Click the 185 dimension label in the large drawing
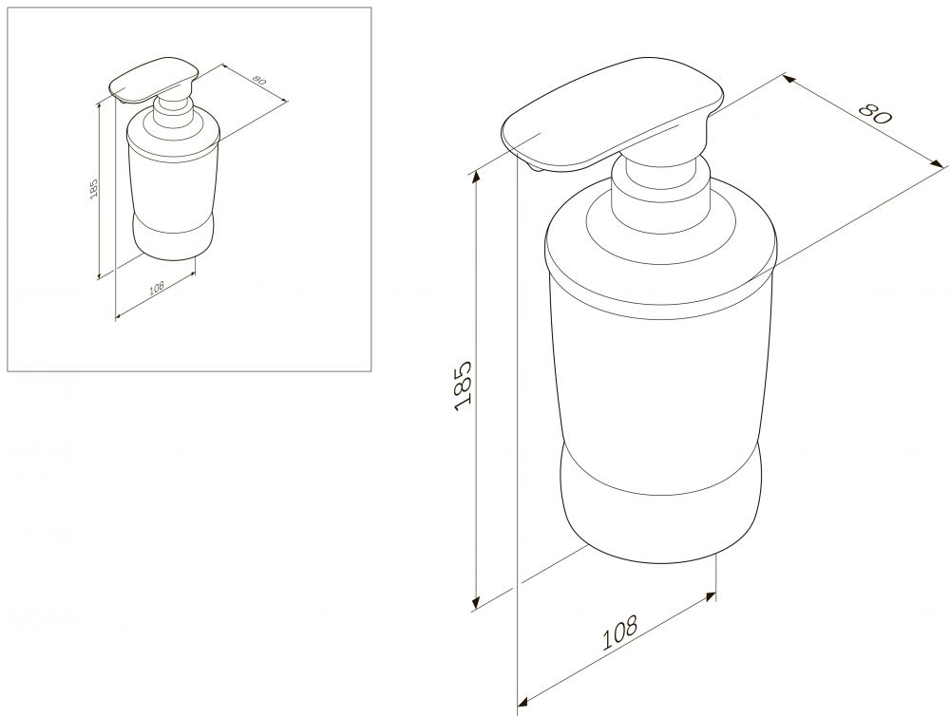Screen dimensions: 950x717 (463, 386)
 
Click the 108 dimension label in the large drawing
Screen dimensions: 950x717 (619, 632)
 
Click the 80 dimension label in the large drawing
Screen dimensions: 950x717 (876, 114)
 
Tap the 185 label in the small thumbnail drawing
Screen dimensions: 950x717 (93, 190)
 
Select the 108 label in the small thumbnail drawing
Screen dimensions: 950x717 (157, 289)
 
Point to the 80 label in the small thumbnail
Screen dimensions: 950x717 (257, 80)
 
